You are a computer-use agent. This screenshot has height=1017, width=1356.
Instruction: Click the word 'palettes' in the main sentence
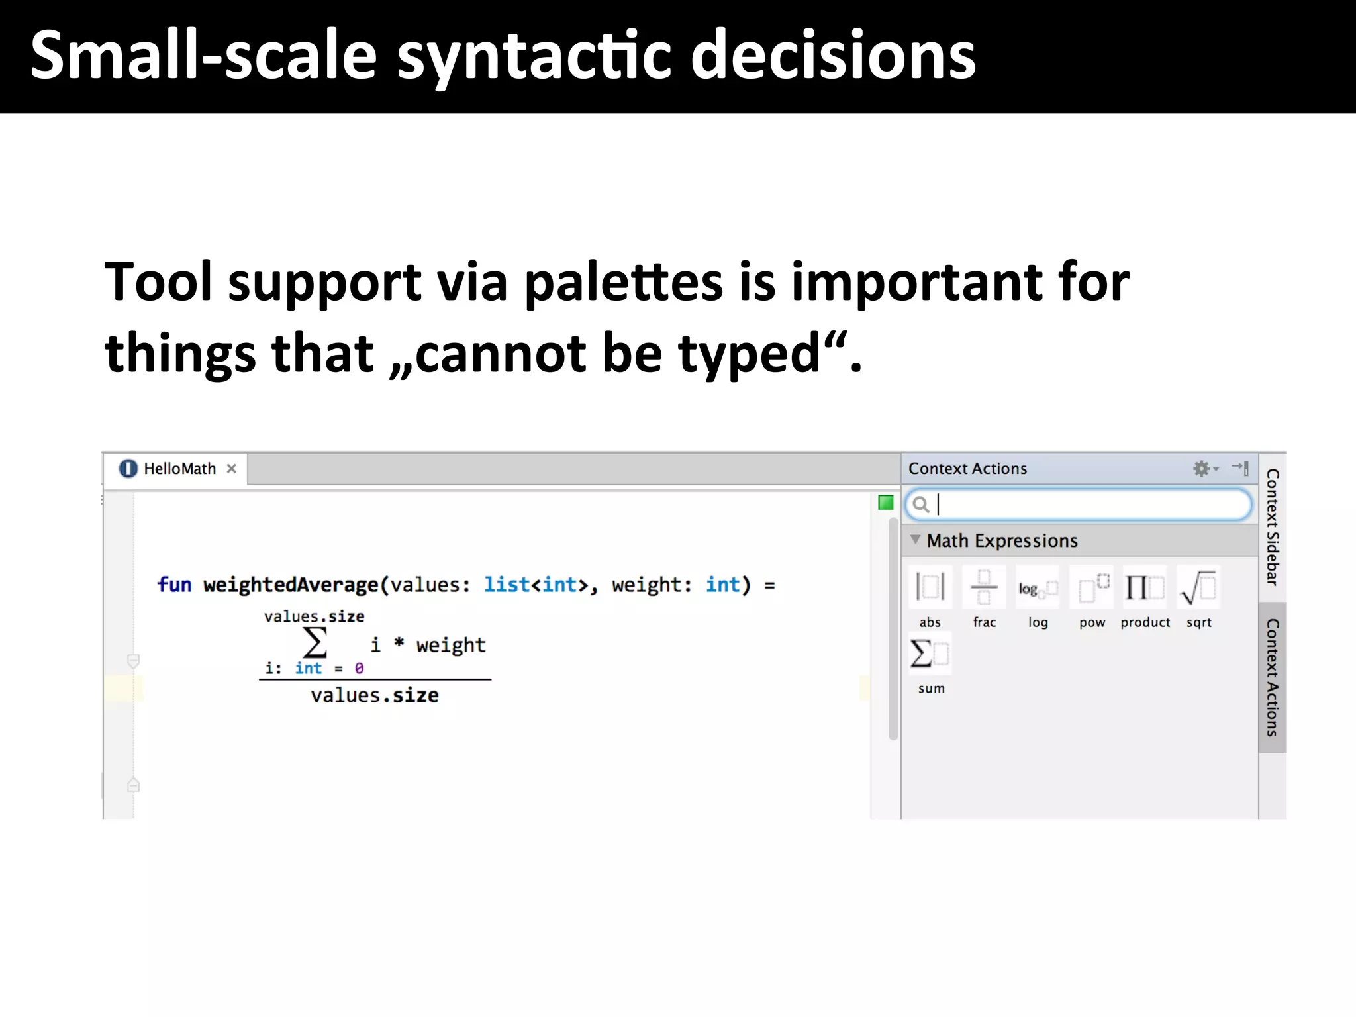click(x=624, y=283)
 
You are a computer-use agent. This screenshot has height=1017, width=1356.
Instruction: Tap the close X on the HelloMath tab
click(x=231, y=469)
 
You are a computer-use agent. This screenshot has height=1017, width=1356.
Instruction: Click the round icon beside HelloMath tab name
click(x=128, y=469)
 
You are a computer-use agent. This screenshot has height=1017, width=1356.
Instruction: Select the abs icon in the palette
click(x=930, y=587)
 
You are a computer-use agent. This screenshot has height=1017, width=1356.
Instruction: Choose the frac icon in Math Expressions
click(x=984, y=587)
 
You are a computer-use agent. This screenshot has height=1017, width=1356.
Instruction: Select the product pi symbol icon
click(x=1145, y=587)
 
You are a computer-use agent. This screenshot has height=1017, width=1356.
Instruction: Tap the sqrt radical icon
click(x=1198, y=587)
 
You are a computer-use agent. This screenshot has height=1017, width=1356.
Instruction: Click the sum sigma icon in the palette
click(x=930, y=654)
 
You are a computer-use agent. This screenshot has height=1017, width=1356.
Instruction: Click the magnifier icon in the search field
click(x=920, y=505)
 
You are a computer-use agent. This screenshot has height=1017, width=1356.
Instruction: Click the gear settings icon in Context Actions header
click(x=1202, y=469)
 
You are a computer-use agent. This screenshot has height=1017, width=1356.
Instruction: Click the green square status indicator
click(x=885, y=503)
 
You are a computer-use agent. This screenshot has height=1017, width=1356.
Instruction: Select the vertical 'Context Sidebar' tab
click(x=1272, y=527)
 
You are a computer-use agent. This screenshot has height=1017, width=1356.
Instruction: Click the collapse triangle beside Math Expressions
click(x=915, y=540)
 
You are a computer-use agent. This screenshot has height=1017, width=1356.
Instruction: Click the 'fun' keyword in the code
click(x=174, y=585)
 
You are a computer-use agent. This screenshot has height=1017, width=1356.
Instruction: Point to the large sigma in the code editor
click(x=315, y=642)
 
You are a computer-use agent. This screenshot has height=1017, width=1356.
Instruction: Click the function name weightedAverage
click(x=290, y=585)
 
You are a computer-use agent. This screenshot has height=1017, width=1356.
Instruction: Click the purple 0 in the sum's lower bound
click(x=359, y=668)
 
